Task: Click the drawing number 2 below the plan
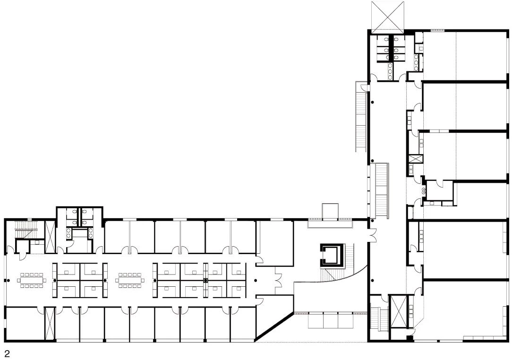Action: point(7,353)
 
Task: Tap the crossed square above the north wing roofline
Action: point(388,16)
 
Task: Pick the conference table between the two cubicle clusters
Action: point(129,280)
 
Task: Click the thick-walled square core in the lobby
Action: point(333,256)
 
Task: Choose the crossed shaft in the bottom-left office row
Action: point(50,324)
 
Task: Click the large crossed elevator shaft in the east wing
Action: point(399,311)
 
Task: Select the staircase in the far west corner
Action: point(26,230)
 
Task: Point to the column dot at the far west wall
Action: point(8,280)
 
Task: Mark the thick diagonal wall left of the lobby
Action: point(274,324)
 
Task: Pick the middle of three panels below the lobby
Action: point(331,320)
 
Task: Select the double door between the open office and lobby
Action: point(278,280)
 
